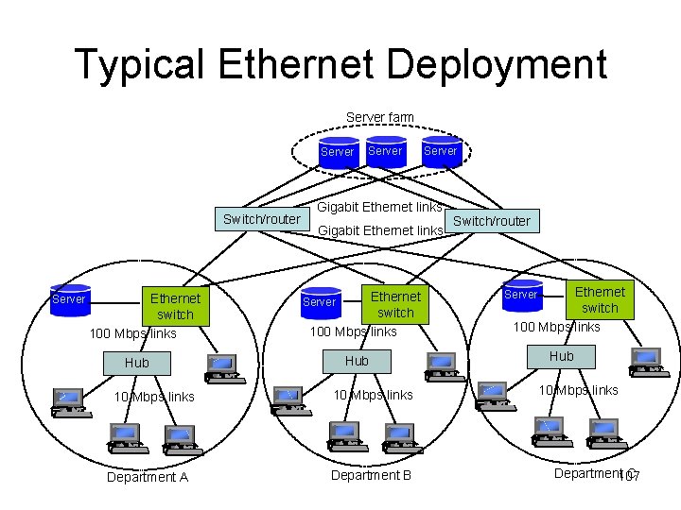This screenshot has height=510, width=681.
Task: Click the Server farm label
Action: (379, 117)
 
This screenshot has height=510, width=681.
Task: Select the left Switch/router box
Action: (262, 219)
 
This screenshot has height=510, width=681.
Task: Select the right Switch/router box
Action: (492, 221)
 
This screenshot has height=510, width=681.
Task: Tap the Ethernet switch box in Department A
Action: (175, 306)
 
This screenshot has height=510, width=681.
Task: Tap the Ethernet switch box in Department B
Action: (395, 304)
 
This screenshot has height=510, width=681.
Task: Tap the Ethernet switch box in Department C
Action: (600, 299)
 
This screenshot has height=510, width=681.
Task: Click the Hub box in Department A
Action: (137, 363)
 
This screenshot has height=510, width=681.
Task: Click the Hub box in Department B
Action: (357, 361)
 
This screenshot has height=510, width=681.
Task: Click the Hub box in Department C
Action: (562, 356)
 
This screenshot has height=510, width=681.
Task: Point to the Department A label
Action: (148, 477)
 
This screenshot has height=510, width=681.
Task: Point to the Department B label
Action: (371, 475)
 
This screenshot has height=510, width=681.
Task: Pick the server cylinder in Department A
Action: (69, 299)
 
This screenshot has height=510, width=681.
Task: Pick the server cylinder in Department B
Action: (320, 302)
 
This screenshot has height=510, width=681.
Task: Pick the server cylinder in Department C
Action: (521, 295)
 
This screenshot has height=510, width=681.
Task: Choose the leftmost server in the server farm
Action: (338, 152)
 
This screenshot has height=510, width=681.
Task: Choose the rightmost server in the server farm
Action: (440, 151)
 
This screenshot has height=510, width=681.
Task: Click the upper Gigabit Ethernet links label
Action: (379, 207)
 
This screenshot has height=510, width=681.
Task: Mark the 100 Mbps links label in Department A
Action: (132, 333)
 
